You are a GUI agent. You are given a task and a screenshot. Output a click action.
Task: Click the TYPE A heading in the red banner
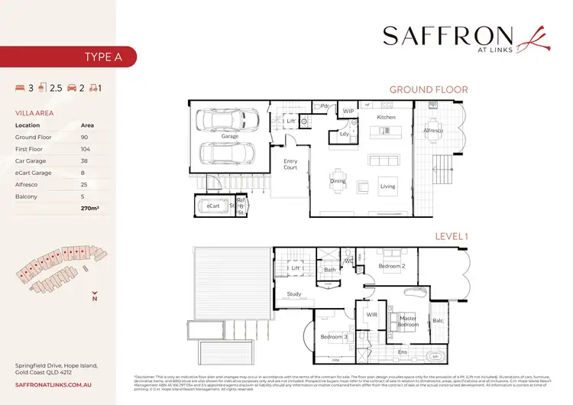100,56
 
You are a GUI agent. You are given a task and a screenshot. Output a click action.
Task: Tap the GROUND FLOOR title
428,89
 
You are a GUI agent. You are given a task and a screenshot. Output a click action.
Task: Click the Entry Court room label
290,164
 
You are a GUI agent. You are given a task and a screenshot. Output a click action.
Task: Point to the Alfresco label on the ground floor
434,131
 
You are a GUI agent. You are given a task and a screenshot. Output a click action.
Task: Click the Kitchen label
387,118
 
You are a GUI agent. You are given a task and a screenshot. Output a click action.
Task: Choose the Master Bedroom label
407,321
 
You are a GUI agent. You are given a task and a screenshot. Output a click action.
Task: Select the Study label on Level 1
294,293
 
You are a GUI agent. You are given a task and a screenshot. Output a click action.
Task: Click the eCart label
213,206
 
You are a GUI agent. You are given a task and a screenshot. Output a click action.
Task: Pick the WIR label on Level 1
372,314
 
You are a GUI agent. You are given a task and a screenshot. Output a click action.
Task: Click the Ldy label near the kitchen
334,136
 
